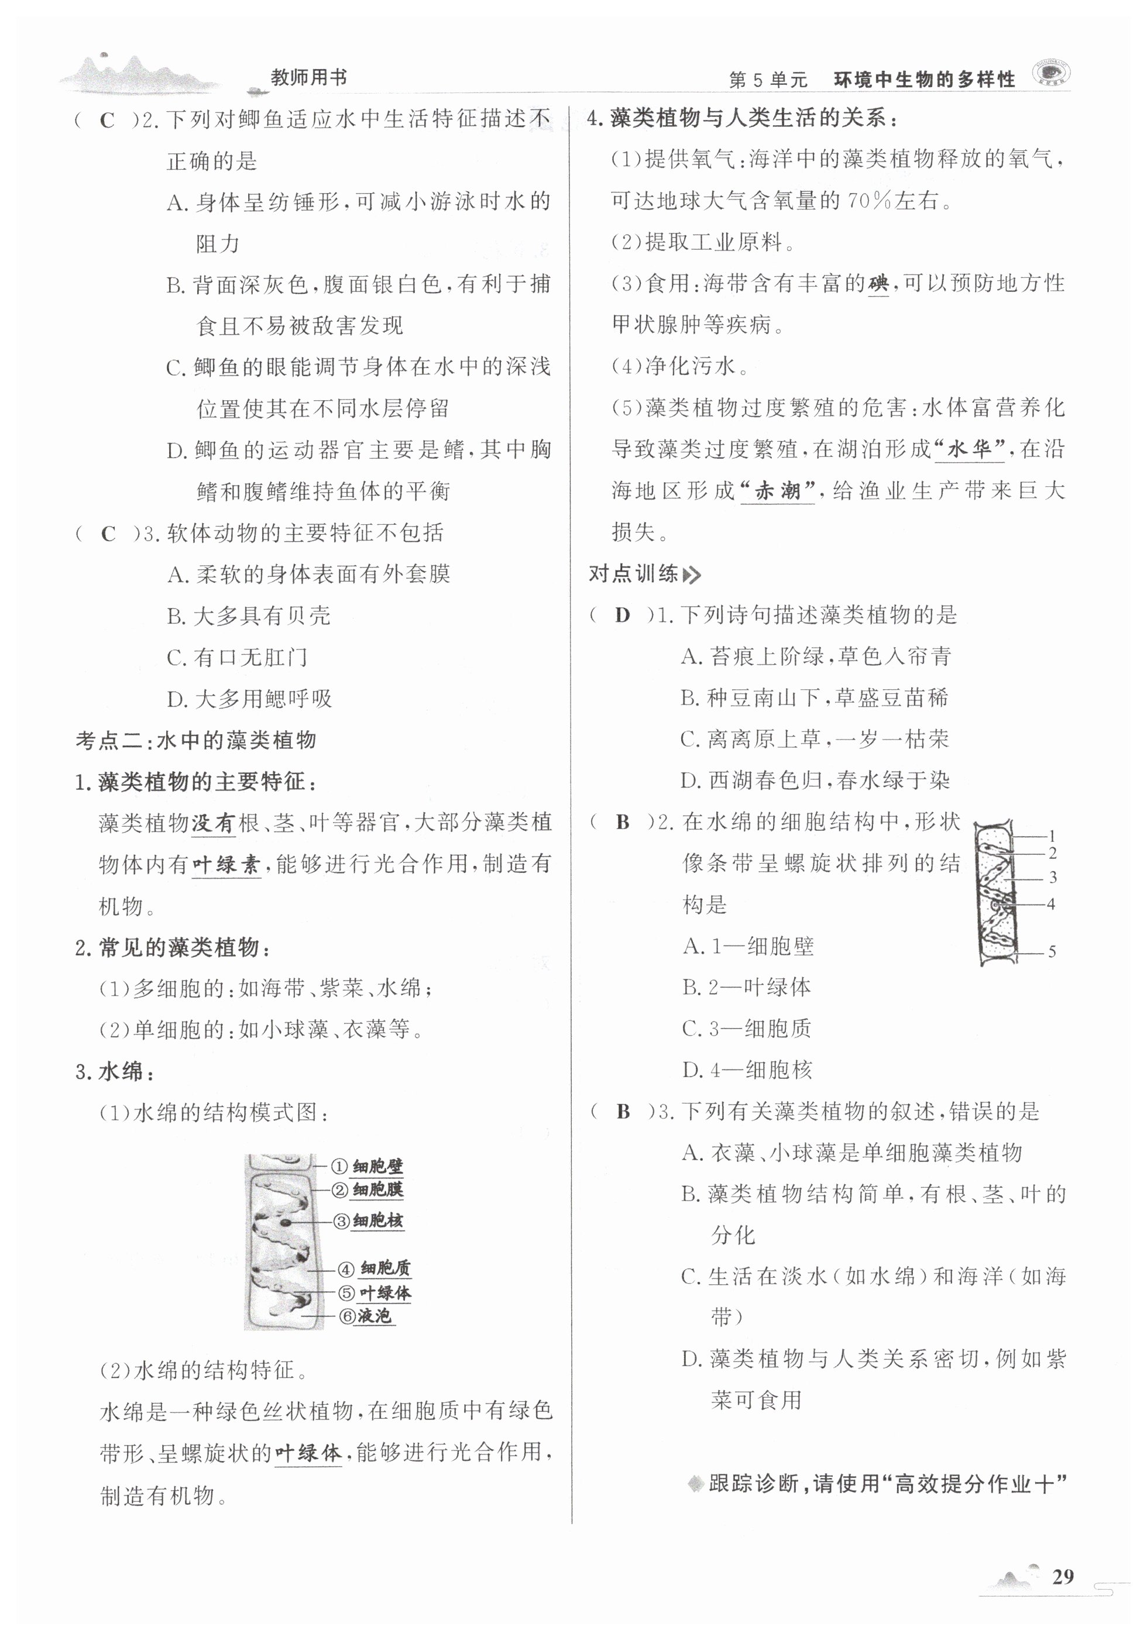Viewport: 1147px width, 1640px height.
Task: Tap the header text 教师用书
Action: pos(308,77)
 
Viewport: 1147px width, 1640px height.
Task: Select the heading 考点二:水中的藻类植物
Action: pos(196,740)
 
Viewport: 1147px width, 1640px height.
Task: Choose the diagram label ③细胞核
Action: pos(369,1220)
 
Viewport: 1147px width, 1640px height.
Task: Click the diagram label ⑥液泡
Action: pos(366,1316)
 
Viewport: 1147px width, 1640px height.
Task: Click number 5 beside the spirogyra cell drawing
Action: pos(1051,951)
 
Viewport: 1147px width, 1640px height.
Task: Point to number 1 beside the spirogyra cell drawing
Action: pos(1051,836)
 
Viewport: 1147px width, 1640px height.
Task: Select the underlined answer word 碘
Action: pos(878,284)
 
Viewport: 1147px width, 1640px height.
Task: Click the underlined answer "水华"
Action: pos(969,450)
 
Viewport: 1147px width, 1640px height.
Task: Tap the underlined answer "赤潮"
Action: pos(777,491)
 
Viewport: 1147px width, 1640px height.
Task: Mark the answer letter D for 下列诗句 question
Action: pos(623,615)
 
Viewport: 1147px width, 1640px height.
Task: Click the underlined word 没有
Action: pos(214,823)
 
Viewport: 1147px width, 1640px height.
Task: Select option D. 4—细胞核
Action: pos(747,1070)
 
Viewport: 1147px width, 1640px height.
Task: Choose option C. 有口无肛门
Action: pos(236,657)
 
